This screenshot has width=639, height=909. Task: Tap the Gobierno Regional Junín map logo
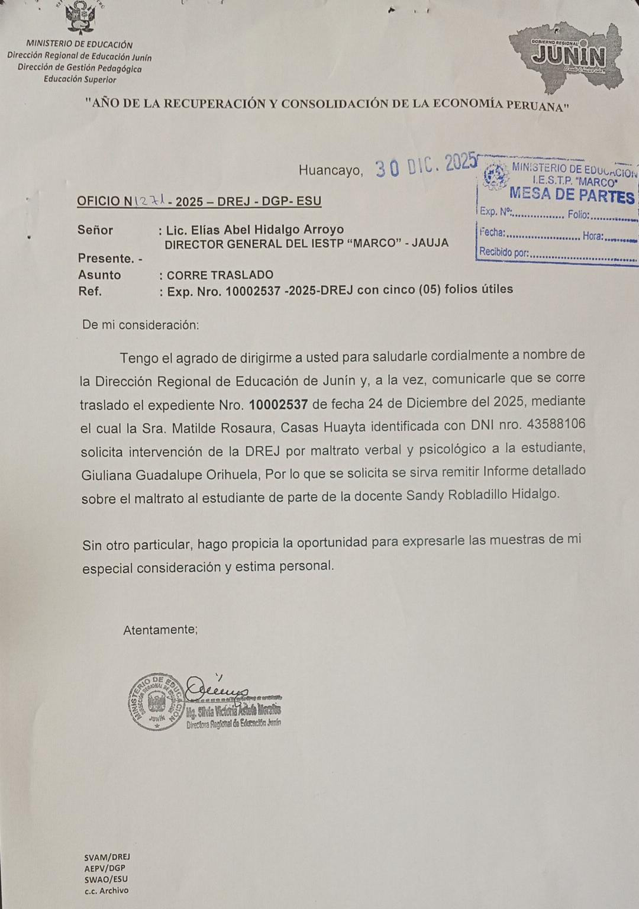(567, 56)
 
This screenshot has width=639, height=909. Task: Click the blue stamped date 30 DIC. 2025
(425, 165)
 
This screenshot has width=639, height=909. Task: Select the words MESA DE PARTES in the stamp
(572, 195)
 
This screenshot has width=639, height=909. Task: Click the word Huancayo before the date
(330, 170)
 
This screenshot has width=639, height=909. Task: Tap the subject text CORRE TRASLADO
(220, 275)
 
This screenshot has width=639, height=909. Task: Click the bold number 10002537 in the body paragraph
(278, 405)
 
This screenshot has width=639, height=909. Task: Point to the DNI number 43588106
(556, 424)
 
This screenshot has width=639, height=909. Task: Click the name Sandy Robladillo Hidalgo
(482, 495)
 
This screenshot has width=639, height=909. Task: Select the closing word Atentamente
(160, 630)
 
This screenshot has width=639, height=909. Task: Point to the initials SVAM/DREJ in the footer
(107, 857)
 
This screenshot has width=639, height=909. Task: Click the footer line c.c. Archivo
(106, 891)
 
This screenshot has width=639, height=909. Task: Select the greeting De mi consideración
(141, 325)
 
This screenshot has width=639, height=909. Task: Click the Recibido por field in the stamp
(556, 253)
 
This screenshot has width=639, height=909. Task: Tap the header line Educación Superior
(80, 79)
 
